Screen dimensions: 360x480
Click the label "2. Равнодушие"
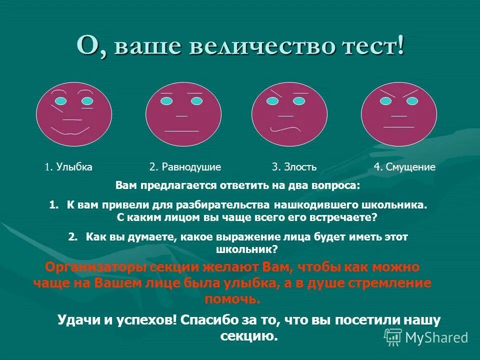click(x=185, y=167)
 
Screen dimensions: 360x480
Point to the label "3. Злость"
click(x=294, y=167)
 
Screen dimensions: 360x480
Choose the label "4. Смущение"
click(x=404, y=167)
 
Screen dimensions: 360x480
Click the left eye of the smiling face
click(x=60, y=101)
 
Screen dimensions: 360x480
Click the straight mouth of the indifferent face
click(x=181, y=131)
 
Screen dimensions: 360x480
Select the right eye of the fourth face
click(x=412, y=101)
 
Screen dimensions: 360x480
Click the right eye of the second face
click(x=197, y=101)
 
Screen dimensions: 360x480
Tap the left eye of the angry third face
click(x=272, y=101)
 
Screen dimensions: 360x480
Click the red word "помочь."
click(x=232, y=299)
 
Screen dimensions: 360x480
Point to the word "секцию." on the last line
click(x=248, y=335)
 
